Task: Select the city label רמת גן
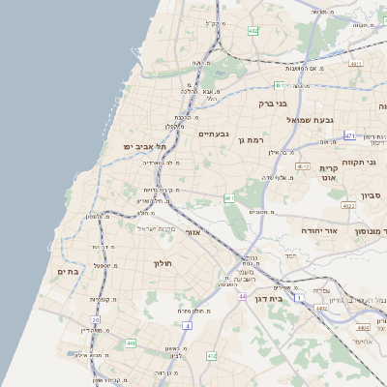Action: tap(249, 140)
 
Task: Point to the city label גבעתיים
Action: tap(213, 134)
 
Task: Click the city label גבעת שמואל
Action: tap(310, 119)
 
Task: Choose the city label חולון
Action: tap(161, 263)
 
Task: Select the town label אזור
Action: tap(192, 232)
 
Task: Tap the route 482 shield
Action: tap(253, 32)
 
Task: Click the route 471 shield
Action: tap(349, 135)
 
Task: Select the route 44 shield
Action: tap(241, 296)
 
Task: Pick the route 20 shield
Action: tap(96, 319)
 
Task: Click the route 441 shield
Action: tap(130, 342)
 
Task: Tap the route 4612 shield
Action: tap(304, 166)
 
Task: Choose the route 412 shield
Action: tap(212, 357)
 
